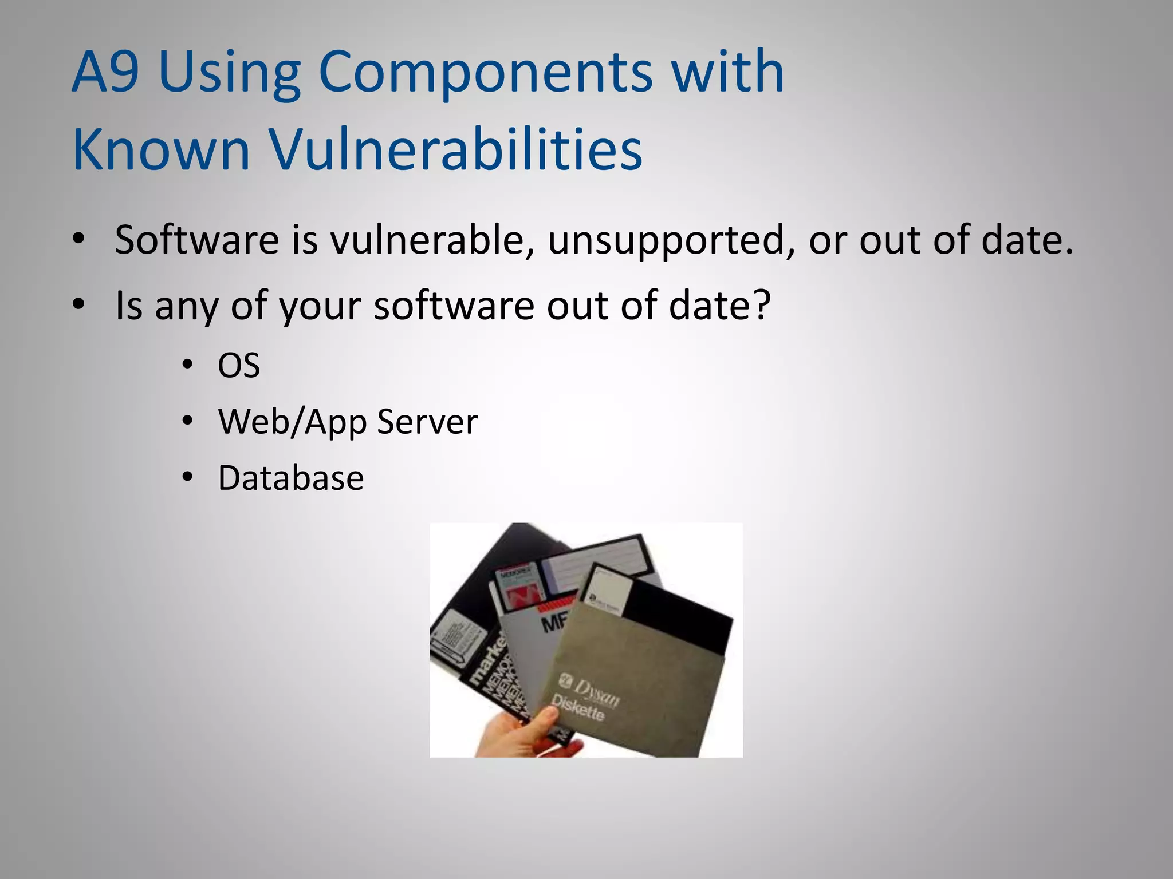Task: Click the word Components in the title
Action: (x=485, y=72)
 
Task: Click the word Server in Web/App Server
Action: (x=427, y=422)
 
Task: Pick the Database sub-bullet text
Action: (x=291, y=478)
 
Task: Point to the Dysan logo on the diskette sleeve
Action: (x=590, y=690)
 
